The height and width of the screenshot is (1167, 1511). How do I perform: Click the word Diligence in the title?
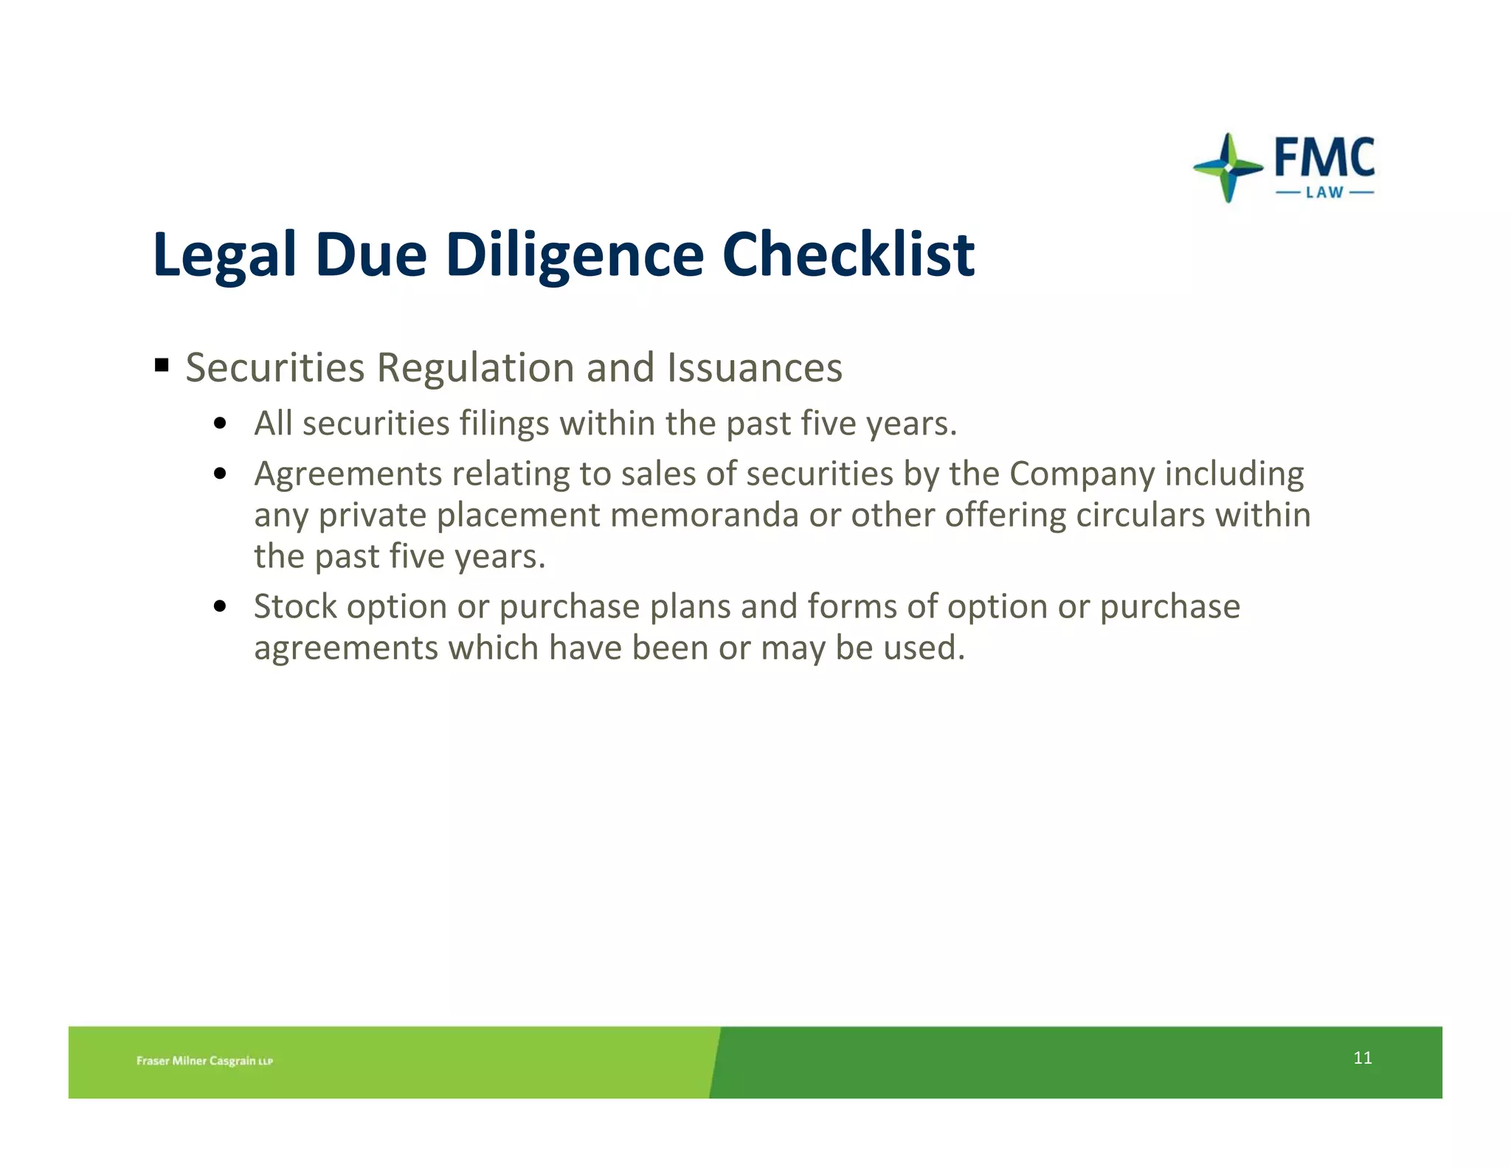575,255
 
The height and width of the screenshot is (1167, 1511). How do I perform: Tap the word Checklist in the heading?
848,255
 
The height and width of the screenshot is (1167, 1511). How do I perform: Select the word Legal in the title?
224,255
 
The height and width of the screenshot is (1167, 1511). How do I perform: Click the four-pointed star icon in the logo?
1228,167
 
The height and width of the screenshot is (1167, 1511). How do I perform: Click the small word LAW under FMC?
1324,193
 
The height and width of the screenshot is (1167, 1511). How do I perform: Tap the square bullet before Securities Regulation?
162,364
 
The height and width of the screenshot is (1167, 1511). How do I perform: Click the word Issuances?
754,367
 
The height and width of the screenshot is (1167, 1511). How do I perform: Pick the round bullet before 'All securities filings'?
219,424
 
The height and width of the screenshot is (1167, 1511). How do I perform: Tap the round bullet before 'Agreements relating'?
219,474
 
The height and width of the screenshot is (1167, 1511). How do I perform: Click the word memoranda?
704,515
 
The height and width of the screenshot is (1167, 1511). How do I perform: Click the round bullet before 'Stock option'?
219,607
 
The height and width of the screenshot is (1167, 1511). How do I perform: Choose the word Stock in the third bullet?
295,606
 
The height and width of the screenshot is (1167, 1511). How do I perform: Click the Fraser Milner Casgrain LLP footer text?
204,1061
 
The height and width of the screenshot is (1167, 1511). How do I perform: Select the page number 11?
1363,1058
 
